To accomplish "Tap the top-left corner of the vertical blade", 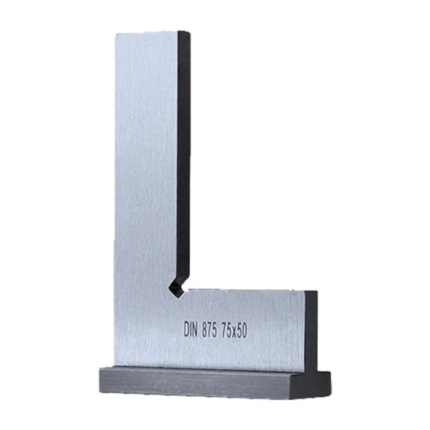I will click(x=115, y=34).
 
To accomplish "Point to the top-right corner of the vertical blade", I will click(x=189, y=32).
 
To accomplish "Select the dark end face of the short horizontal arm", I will click(x=311, y=330).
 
